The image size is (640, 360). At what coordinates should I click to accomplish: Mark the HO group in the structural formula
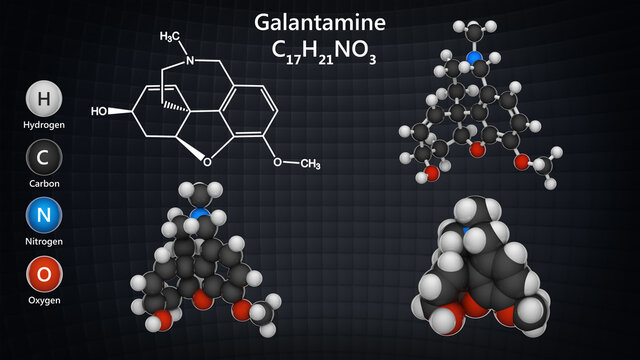tap(126, 111)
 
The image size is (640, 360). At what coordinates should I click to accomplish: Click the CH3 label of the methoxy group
tap(310, 164)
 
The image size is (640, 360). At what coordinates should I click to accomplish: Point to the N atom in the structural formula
tap(185, 59)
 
